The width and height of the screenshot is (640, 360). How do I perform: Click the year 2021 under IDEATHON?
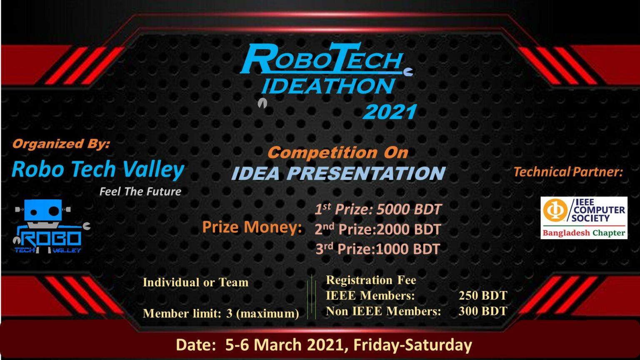(390, 112)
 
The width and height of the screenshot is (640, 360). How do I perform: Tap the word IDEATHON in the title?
(327, 86)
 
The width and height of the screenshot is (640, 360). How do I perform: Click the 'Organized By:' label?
(61, 144)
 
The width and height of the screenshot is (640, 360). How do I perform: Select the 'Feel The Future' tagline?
(140, 192)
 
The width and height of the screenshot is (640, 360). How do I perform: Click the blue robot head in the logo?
(42, 210)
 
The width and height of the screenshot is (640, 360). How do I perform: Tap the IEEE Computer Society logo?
(584, 217)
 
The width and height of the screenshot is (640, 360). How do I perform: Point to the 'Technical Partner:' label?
(568, 172)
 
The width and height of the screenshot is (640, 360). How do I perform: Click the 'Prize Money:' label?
(252, 227)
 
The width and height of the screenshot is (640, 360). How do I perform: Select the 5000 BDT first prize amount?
(409, 209)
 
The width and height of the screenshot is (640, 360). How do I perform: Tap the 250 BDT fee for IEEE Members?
(483, 295)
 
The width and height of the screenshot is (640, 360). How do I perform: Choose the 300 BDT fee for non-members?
(483, 311)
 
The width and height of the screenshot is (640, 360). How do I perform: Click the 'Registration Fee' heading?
(371, 280)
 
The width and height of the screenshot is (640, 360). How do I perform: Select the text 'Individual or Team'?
(195, 282)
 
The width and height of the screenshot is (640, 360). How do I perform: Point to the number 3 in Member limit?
(229, 313)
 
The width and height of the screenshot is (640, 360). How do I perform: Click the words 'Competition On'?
(338, 152)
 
